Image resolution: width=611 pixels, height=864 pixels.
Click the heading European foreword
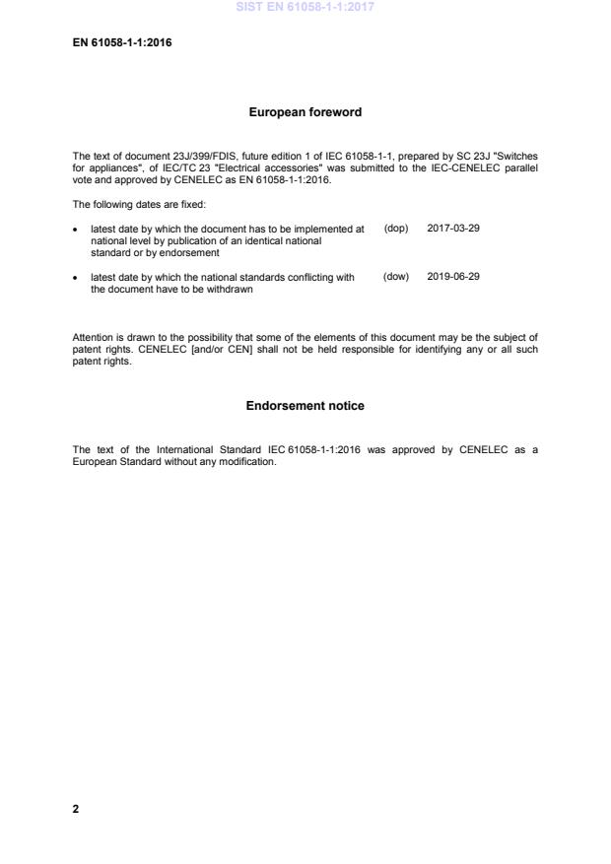(305, 112)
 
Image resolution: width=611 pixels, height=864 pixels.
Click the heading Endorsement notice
(305, 406)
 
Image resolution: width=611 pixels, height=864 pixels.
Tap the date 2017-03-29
(453, 229)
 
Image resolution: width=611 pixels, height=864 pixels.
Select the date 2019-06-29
(453, 277)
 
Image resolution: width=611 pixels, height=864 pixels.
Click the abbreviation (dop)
(395, 229)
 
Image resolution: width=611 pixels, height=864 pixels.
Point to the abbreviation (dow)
(395, 277)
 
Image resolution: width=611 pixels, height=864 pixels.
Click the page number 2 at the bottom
(76, 809)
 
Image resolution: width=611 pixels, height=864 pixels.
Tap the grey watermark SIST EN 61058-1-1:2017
(305, 7)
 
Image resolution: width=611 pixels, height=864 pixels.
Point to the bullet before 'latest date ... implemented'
(77, 230)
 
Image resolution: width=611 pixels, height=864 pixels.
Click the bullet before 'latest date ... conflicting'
(77, 278)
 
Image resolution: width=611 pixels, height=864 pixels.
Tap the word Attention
(94, 338)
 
